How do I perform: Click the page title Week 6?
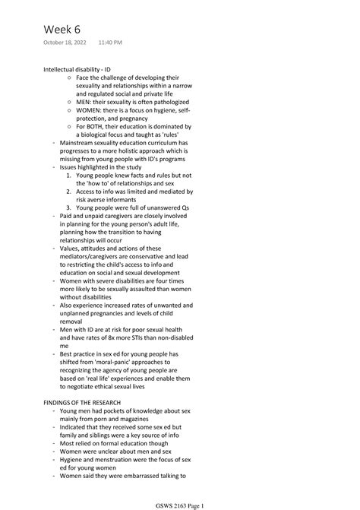click(x=62, y=29)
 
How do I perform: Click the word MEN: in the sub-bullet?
click(x=86, y=101)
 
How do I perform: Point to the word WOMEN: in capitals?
click(x=91, y=109)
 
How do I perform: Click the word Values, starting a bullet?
click(x=70, y=248)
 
